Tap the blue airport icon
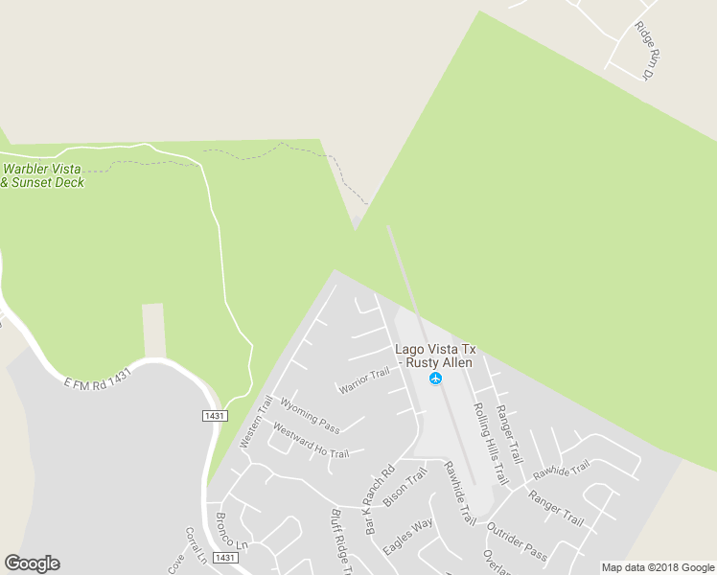click(436, 379)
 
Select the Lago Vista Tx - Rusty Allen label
click(435, 356)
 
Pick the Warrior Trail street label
click(363, 380)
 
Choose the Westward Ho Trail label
click(311, 440)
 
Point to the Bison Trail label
click(404, 488)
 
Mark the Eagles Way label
click(407, 538)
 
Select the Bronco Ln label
click(232, 540)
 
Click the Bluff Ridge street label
click(342, 540)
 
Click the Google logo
click(32, 563)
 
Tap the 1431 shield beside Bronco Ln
click(224, 558)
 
